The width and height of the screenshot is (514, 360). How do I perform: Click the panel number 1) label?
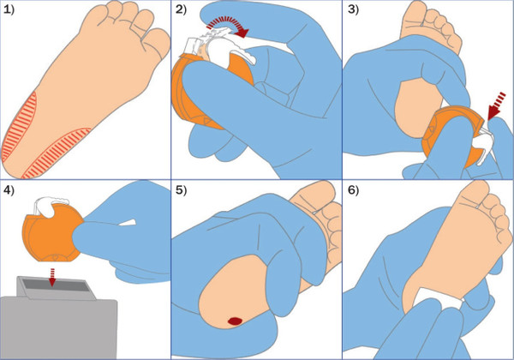point(9,9)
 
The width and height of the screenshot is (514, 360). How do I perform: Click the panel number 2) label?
point(181,9)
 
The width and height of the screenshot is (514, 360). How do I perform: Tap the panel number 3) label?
point(353,9)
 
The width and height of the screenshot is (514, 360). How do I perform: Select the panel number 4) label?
point(9,190)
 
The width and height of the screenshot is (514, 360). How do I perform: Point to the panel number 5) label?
point(181,190)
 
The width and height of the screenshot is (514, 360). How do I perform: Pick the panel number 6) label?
point(353,190)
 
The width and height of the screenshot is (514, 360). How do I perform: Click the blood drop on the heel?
point(235,321)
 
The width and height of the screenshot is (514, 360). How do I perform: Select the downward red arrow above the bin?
point(51,277)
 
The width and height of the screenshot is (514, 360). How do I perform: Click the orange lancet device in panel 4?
point(52,233)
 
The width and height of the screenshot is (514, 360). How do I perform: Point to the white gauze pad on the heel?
point(438,299)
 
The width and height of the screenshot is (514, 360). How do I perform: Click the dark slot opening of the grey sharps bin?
point(56,286)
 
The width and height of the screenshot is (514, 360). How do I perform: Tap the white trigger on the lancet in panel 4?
point(50,206)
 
